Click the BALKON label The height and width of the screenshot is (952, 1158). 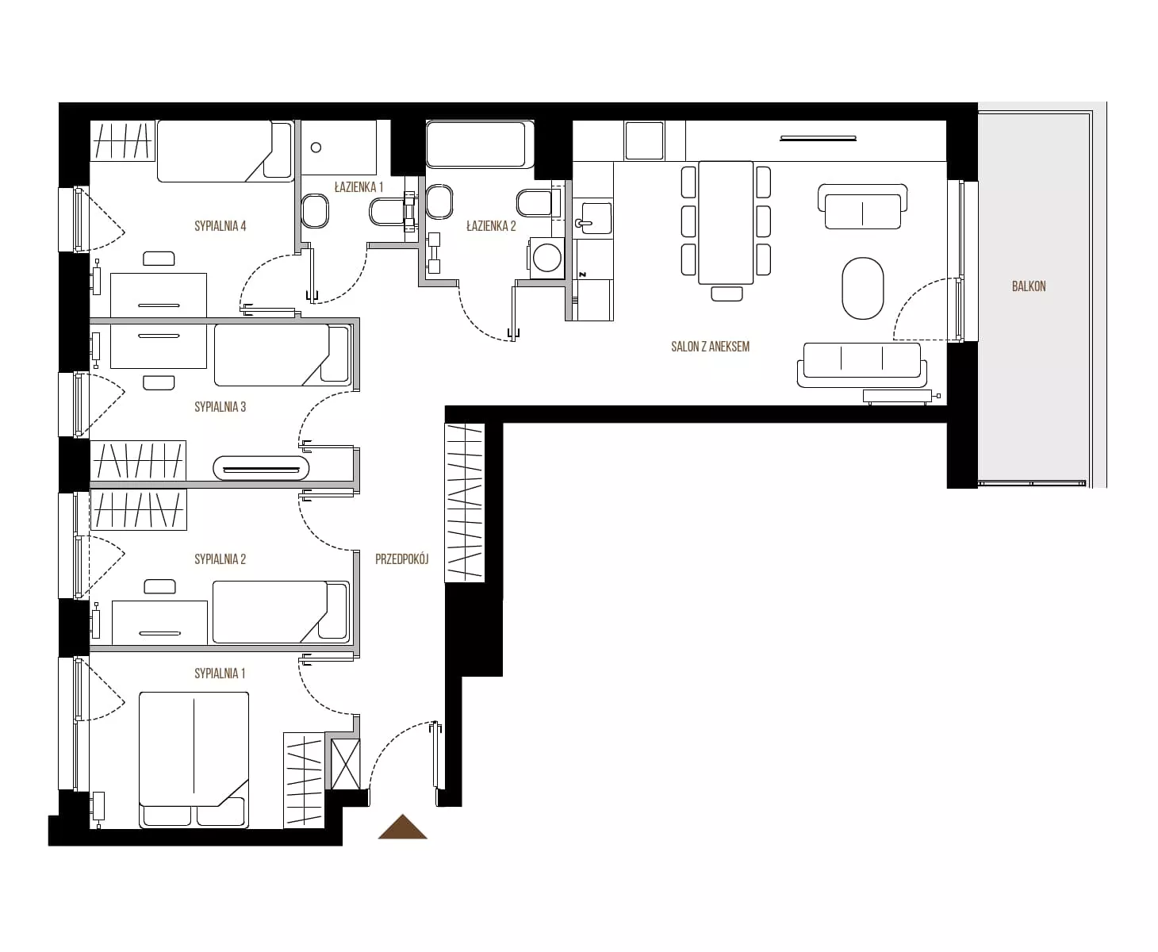pyautogui.click(x=1029, y=286)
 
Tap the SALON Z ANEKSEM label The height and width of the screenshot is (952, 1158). pyautogui.click(x=710, y=347)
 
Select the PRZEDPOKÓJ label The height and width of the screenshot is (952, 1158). pyautogui.click(x=402, y=559)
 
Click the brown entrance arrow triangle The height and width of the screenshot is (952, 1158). pyautogui.click(x=402, y=826)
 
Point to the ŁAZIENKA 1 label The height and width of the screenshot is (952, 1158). pyautogui.click(x=359, y=187)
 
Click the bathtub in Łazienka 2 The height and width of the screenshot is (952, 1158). pyautogui.click(x=480, y=144)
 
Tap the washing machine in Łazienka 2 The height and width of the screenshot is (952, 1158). pyautogui.click(x=546, y=258)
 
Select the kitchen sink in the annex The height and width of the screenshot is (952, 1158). pyautogui.click(x=593, y=218)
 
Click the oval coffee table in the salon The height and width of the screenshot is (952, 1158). pyautogui.click(x=863, y=289)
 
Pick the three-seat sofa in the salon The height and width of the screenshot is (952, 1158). pyautogui.click(x=862, y=363)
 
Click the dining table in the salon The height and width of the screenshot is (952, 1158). pyautogui.click(x=725, y=222)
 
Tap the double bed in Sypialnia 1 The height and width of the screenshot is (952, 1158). pyautogui.click(x=194, y=760)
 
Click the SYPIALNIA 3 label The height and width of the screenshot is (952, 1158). pyautogui.click(x=220, y=407)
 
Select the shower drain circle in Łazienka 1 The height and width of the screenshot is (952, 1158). pyautogui.click(x=316, y=148)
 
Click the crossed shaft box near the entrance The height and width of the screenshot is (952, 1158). pyautogui.click(x=346, y=764)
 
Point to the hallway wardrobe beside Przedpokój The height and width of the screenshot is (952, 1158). pyautogui.click(x=465, y=503)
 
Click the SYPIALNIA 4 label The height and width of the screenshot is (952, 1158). pyautogui.click(x=220, y=226)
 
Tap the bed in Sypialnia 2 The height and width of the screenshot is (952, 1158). pyautogui.click(x=281, y=612)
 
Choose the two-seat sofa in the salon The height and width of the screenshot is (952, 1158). pyautogui.click(x=862, y=206)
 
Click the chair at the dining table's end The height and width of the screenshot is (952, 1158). pyautogui.click(x=727, y=294)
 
